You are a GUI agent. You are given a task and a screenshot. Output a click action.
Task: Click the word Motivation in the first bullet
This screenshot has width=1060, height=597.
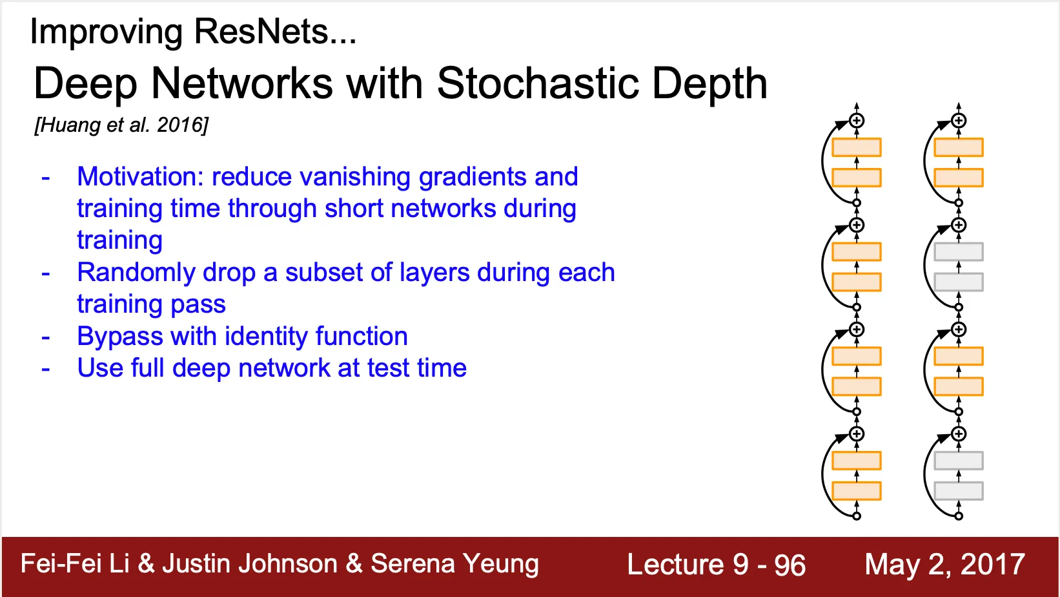[140, 176]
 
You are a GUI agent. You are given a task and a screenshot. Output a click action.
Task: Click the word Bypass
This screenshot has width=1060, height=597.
[119, 337]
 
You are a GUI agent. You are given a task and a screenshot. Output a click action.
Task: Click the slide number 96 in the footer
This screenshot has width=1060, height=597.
[790, 565]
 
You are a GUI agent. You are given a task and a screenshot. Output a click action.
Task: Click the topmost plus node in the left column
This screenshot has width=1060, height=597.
[857, 121]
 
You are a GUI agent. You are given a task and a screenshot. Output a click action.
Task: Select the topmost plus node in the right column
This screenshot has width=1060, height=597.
[959, 121]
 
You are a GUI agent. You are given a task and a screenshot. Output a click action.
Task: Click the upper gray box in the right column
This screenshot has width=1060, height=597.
[959, 252]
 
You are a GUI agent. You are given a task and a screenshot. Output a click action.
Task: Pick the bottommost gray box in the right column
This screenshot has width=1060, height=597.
[959, 491]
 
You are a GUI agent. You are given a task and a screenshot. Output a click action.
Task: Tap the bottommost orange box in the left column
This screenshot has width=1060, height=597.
[857, 491]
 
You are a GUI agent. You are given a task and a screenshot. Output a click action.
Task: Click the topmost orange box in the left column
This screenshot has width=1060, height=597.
[857, 147]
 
